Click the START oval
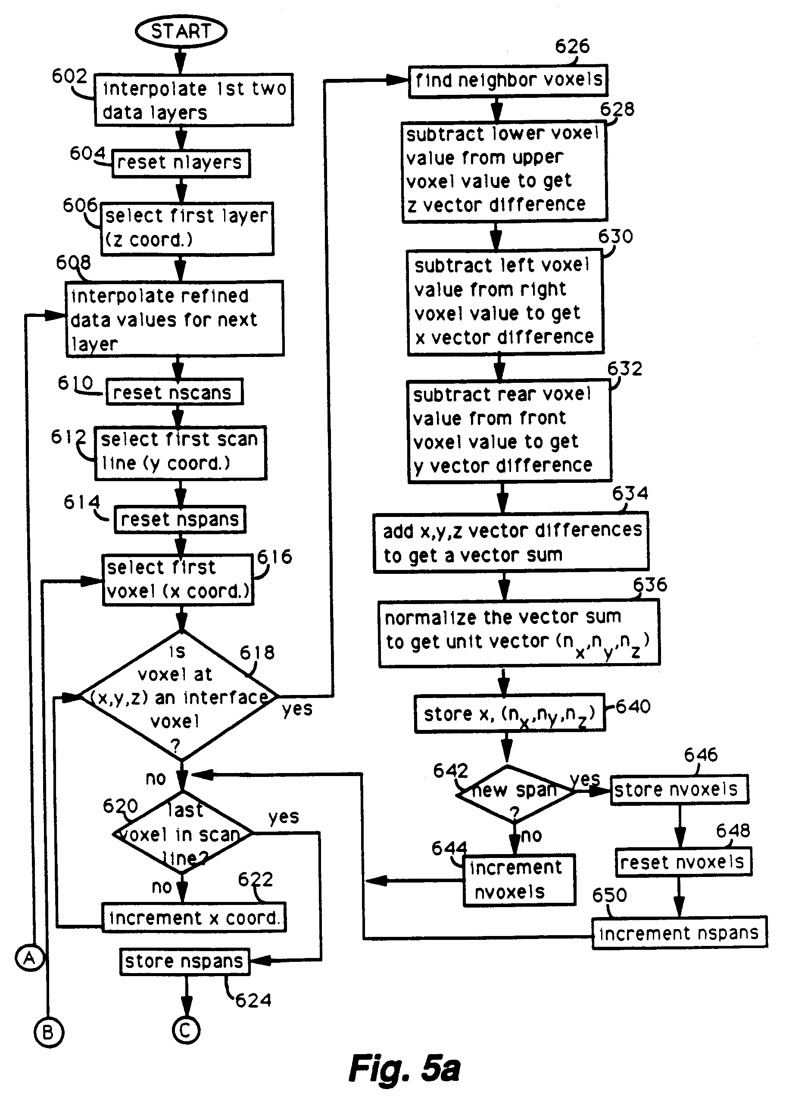pyautogui.click(x=181, y=31)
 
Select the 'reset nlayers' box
pyautogui.click(x=181, y=163)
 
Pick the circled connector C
pyautogui.click(x=186, y=1030)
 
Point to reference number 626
pyautogui.click(x=572, y=47)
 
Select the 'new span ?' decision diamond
pyautogui.click(x=514, y=794)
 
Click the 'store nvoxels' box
pyautogui.click(x=679, y=790)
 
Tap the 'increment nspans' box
pyautogui.click(x=679, y=933)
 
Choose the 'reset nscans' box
pyautogui.click(x=174, y=392)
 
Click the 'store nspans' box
pyautogui.click(x=184, y=961)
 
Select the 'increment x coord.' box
pyautogui.click(x=193, y=917)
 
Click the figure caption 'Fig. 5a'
pyautogui.click(x=405, y=1068)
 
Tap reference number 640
pyautogui.click(x=633, y=706)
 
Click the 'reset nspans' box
pyautogui.click(x=180, y=520)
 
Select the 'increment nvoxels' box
pyautogui.click(x=518, y=880)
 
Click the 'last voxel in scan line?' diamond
pyautogui.click(x=182, y=834)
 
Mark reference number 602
pyautogui.click(x=69, y=76)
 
